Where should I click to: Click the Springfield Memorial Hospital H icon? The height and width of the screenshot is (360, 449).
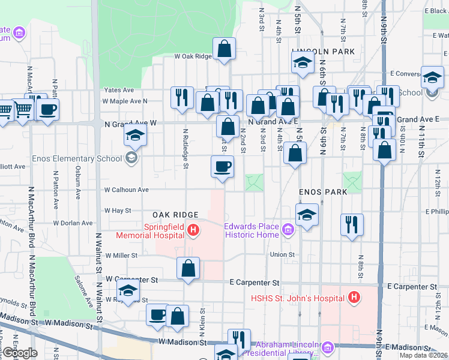coord(193,229)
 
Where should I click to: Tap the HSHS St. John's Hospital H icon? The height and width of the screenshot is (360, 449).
coord(355,297)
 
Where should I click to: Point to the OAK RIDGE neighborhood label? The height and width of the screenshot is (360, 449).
coord(175,215)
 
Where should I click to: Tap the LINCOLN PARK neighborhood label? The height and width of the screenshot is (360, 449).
coord(323,52)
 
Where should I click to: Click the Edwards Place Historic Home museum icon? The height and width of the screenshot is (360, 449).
coord(288,229)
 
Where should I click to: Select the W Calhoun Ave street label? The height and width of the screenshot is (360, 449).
coord(126,190)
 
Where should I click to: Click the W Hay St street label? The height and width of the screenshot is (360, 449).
coord(118,211)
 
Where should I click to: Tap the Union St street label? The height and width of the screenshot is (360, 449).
coord(282,255)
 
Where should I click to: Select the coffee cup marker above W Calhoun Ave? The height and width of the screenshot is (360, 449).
coord(222,166)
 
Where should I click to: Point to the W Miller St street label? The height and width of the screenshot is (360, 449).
coord(121,256)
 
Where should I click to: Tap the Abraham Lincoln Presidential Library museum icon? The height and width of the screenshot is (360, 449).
coord(328,347)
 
